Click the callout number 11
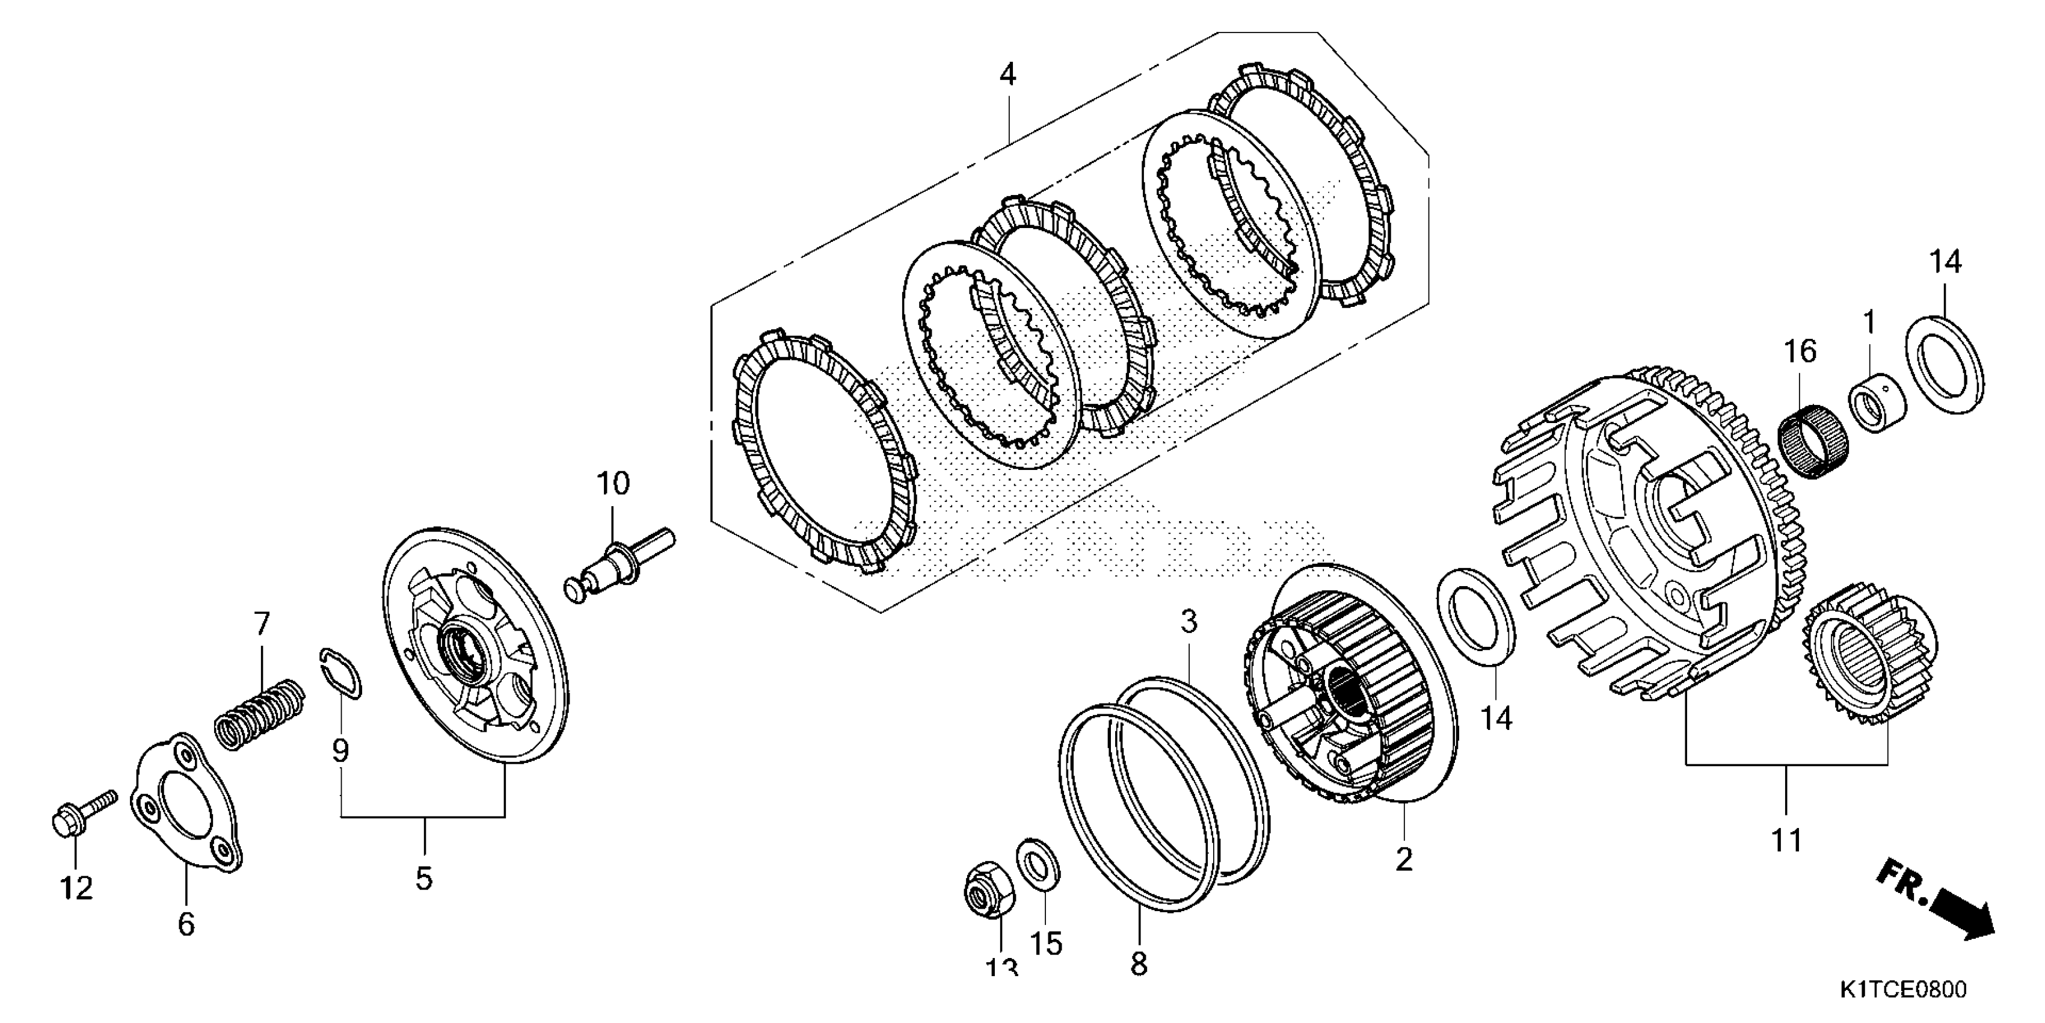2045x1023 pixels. pos(1787,839)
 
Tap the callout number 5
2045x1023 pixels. pos(424,879)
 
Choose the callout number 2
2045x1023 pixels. pos(1404,859)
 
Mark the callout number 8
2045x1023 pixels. pos(1139,964)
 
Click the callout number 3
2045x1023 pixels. pos(1188,622)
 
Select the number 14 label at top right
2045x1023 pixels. pos(1945,261)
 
